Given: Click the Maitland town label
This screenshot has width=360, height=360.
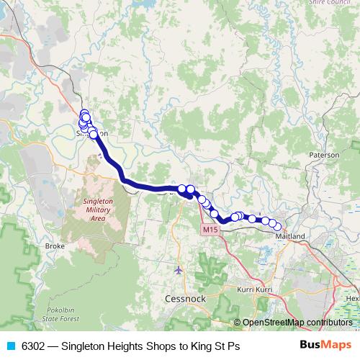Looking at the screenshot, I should (291, 236).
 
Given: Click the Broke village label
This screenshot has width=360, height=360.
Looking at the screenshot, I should (55, 246).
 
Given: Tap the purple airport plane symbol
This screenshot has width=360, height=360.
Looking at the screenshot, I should (179, 270).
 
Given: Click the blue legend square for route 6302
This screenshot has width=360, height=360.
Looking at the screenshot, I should (10, 346).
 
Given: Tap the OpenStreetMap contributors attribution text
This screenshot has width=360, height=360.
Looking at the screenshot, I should (297, 322).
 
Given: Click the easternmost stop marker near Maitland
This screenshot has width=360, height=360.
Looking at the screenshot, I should (279, 227).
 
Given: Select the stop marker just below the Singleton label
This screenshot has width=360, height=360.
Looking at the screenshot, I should (94, 135).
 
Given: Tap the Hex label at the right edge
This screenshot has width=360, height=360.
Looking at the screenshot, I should (352, 298).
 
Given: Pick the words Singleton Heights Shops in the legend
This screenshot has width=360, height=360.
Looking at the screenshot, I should (117, 346).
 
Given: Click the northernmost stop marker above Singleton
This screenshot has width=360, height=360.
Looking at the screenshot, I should (84, 113).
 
